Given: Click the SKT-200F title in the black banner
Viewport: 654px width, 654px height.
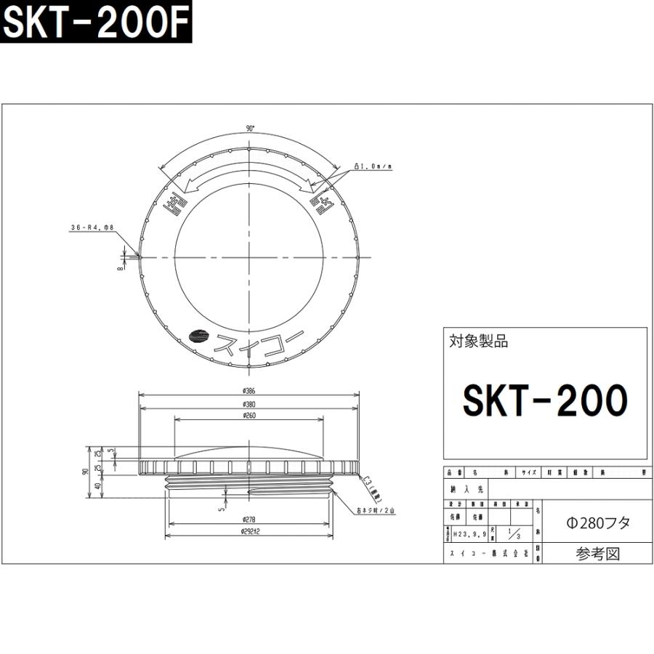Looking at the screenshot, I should click(x=95, y=25).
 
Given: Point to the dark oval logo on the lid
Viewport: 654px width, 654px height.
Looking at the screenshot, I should click(x=198, y=336).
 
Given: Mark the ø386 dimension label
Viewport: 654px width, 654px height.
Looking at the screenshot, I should click(x=249, y=390).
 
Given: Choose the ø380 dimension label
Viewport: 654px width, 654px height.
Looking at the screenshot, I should click(x=249, y=404).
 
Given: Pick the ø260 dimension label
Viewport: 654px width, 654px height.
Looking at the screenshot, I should click(x=249, y=416).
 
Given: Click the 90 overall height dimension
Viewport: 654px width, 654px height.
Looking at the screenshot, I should click(x=85, y=471).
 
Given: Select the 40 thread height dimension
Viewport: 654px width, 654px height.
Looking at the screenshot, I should click(x=98, y=486).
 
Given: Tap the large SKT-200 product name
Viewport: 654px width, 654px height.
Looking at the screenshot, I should click(x=545, y=399).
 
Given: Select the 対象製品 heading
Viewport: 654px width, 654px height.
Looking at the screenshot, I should click(x=479, y=341).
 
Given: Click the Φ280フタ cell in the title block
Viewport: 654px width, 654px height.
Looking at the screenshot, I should click(x=598, y=522).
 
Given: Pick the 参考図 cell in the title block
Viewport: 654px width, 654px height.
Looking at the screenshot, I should click(x=598, y=554).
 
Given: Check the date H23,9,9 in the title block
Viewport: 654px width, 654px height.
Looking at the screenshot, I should click(x=467, y=534).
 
